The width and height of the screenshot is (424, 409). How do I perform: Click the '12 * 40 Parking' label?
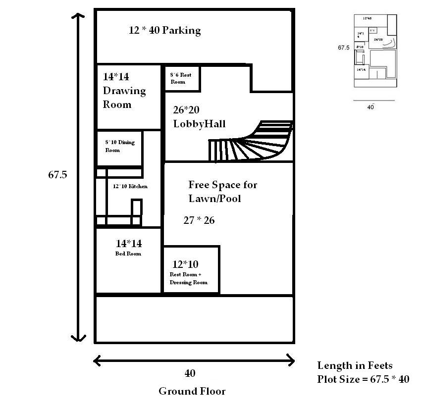[164, 30]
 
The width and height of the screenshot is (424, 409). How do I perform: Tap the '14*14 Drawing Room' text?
[124, 91]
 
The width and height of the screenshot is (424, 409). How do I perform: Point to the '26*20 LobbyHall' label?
[199, 117]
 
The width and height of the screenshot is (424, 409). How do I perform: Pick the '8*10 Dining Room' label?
[120, 146]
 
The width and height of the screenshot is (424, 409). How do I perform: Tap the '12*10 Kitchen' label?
[130, 187]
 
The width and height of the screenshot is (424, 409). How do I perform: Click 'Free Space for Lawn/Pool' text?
[222, 192]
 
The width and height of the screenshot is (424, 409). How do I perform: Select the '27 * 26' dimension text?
[199, 220]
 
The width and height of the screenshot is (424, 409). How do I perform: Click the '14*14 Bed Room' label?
[129, 248]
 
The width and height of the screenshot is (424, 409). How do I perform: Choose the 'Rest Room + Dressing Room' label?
[188, 278]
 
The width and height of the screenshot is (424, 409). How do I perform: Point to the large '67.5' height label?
[57, 175]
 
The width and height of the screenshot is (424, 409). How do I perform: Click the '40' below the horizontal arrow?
[190, 373]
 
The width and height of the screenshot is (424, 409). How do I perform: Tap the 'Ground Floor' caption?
[192, 392]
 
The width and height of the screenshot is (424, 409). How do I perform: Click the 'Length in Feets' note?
[355, 366]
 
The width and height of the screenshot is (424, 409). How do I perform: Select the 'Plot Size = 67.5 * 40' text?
[363, 380]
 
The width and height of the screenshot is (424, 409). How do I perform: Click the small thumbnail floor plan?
[375, 51]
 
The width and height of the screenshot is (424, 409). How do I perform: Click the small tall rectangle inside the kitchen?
[137, 212]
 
